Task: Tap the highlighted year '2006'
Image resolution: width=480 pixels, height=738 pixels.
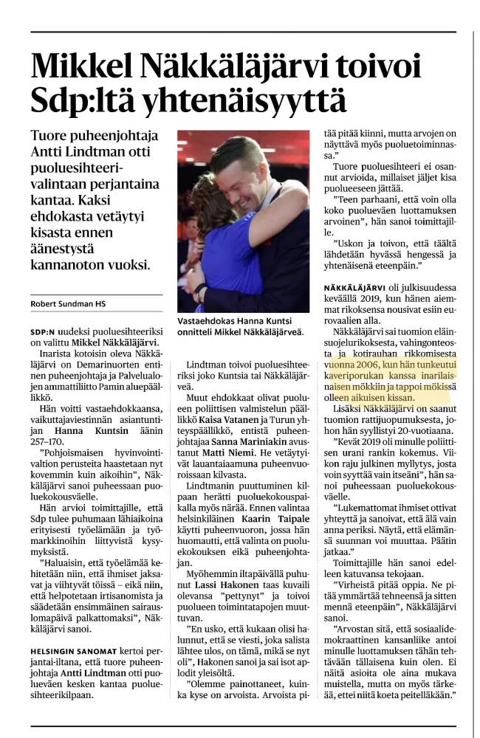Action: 361,365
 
